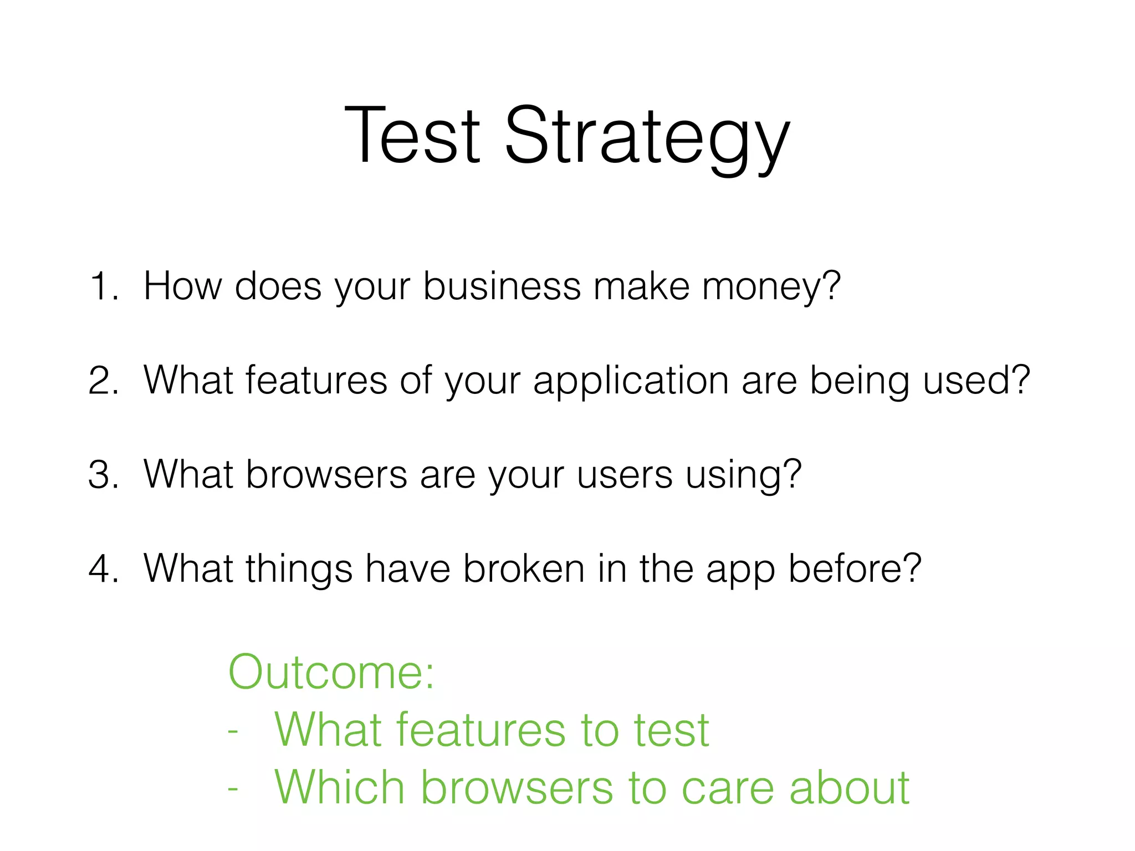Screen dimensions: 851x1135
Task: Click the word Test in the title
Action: (412, 136)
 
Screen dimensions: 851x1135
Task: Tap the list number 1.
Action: (103, 287)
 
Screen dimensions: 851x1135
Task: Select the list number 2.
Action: (103, 381)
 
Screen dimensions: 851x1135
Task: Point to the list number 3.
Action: (103, 475)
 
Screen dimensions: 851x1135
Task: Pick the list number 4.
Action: (103, 570)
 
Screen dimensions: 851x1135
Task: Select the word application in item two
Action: (631, 381)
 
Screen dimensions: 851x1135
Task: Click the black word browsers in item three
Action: (326, 475)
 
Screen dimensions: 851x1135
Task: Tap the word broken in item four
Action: (524, 569)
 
